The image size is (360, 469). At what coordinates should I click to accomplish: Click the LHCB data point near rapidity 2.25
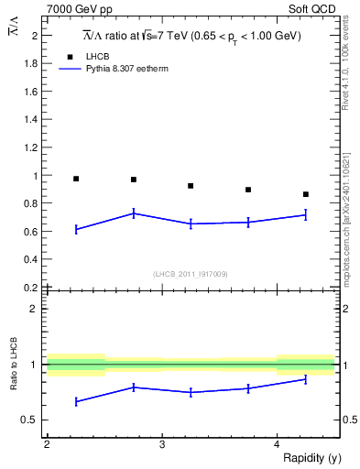(76, 179)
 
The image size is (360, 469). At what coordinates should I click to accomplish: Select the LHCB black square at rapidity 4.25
(306, 194)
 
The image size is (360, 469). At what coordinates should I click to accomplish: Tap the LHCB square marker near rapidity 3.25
(191, 186)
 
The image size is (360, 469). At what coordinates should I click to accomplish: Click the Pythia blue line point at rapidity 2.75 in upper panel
(134, 213)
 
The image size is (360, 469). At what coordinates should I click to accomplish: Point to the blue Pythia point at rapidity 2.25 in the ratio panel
(76, 401)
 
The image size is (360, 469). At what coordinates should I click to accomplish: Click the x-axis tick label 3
(161, 443)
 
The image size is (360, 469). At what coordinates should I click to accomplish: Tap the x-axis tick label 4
(277, 443)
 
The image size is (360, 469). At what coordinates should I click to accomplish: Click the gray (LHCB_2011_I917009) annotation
(191, 274)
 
